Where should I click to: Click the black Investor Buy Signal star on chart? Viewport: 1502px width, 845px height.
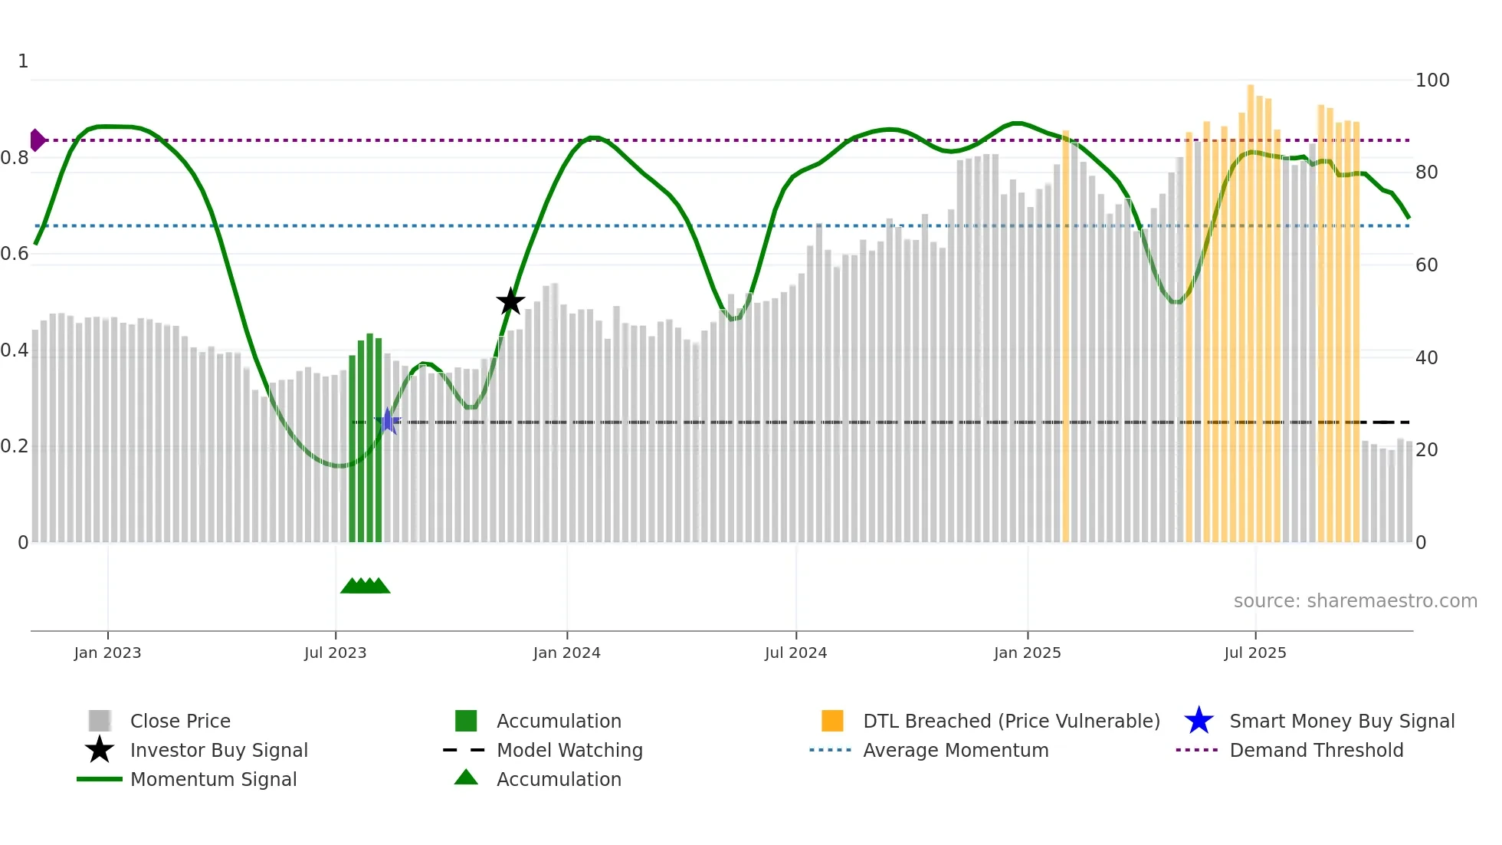pos(510,301)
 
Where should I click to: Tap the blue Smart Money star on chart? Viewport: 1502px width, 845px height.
pos(388,422)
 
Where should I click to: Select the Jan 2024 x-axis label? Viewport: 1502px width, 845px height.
pos(566,653)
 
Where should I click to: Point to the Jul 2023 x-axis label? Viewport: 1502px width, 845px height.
pos(335,653)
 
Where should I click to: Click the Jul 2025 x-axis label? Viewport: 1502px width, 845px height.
pos(1254,653)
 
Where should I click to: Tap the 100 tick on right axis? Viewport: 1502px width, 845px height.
pos(1431,81)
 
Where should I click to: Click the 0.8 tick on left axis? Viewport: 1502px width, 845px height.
pos(15,158)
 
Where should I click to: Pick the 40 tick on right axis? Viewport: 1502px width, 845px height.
pos(1426,357)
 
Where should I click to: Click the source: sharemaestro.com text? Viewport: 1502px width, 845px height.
pos(1355,600)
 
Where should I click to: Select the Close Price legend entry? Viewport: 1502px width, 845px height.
pos(180,721)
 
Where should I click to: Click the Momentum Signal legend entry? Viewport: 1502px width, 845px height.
pos(213,779)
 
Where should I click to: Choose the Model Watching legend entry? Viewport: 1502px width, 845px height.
pos(569,750)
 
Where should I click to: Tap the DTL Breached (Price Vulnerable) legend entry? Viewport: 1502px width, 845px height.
pos(1011,721)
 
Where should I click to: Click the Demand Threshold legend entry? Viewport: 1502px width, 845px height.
pos(1316,750)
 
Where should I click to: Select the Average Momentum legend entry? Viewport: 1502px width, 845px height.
pos(955,750)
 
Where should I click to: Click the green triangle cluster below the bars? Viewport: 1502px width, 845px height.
pos(366,586)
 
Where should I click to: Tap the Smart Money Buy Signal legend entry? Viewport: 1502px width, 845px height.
pos(1341,721)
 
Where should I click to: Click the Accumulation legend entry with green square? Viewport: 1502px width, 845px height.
pos(558,721)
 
